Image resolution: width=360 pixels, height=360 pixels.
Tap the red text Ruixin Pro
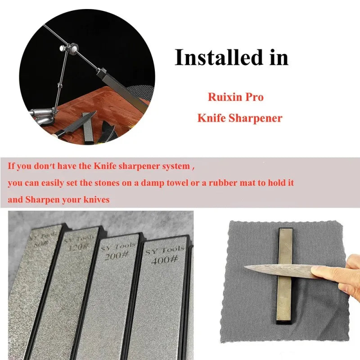click(235, 96)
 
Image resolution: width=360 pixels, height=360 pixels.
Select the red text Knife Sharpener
click(239, 118)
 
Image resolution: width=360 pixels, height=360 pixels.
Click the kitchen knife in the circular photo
click(72, 126)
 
